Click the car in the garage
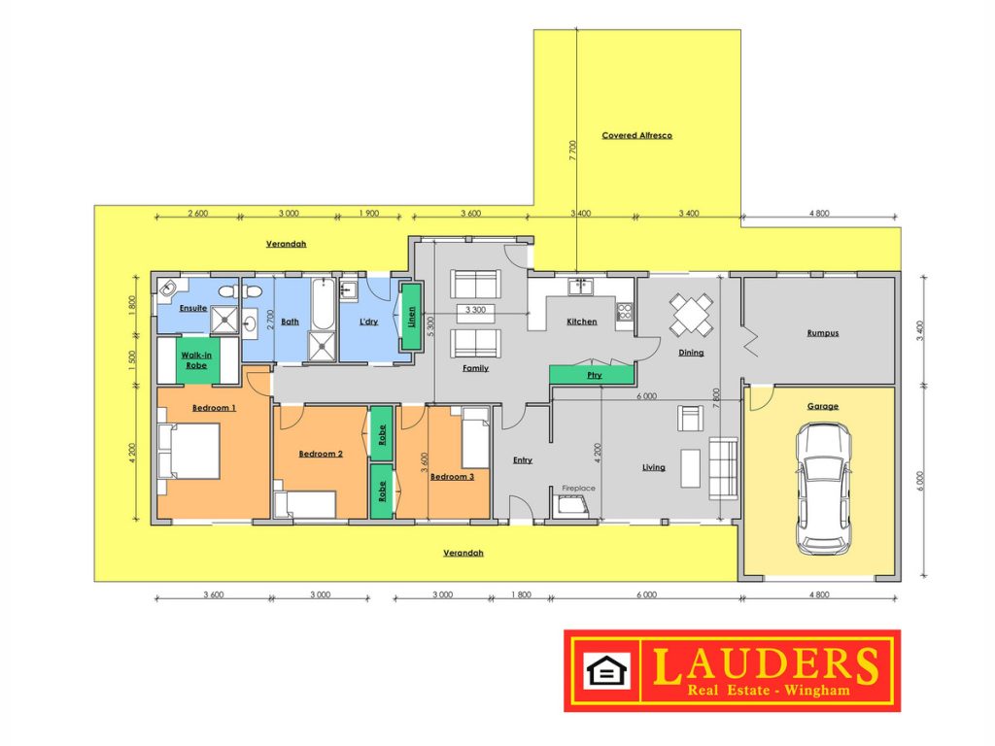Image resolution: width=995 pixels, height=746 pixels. tap(822, 489)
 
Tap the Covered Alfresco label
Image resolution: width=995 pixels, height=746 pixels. tap(636, 135)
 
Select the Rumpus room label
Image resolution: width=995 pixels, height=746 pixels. tap(822, 332)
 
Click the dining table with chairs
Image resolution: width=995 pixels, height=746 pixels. tap(691, 314)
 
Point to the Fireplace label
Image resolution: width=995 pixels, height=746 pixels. tap(578, 488)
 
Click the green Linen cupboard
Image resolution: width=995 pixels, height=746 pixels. tap(411, 318)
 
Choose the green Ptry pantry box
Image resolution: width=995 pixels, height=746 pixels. tap(592, 375)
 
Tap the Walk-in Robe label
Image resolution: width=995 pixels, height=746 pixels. tap(196, 359)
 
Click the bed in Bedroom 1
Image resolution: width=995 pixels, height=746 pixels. tap(189, 451)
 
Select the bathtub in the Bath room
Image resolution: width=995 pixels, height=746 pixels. tap(323, 303)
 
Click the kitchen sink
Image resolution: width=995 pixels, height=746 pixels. tap(580, 287)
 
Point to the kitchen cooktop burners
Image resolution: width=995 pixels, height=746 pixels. tap(625, 312)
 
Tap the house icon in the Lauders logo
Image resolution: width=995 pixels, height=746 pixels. tap(606, 670)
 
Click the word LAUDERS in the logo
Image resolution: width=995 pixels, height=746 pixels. tap(766, 664)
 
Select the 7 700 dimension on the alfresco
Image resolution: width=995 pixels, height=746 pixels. tap(572, 151)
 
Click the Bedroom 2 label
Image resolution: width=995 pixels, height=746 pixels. tap(321, 454)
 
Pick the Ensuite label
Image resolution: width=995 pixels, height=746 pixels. tap(193, 308)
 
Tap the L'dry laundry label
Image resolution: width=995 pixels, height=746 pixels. tap(368, 321)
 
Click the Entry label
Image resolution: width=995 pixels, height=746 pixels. tap(522, 459)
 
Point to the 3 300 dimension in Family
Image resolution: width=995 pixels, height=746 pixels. tap(475, 310)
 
